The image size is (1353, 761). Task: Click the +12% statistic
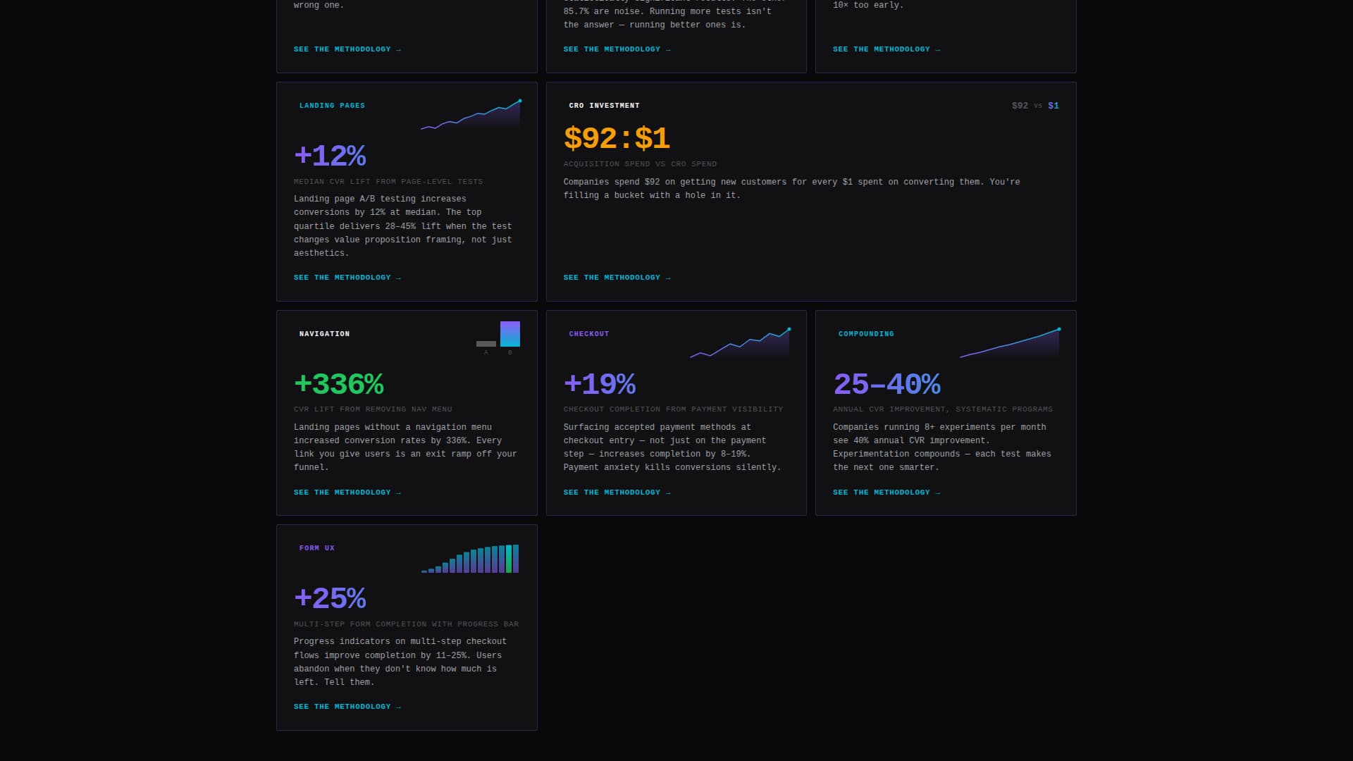coord(330,156)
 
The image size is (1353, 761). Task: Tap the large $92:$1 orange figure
coord(617,139)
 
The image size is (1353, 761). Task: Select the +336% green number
coord(338,385)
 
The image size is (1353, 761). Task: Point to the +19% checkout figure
coord(600,385)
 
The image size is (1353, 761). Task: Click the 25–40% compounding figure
coord(886,385)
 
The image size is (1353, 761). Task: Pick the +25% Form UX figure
coord(330,599)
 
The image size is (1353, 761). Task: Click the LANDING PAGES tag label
coord(332,106)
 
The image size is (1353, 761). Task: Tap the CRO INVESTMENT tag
coord(604,106)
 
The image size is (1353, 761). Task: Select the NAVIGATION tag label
coord(324,334)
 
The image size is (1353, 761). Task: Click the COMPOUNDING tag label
coord(866,334)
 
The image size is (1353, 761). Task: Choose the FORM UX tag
coord(316,548)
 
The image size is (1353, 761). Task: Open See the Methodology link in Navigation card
coord(347,493)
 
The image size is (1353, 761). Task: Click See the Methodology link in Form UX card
coord(347,707)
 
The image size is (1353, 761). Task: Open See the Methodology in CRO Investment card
coord(617,278)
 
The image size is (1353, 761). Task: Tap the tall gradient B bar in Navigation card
coord(510,334)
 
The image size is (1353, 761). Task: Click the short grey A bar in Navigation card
coord(486,344)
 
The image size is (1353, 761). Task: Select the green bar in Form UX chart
coord(509,559)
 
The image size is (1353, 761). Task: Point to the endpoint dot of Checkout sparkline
coord(789,329)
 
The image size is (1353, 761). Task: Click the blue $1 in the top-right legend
coord(1054,106)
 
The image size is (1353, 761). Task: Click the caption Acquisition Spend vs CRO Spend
coord(640,164)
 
